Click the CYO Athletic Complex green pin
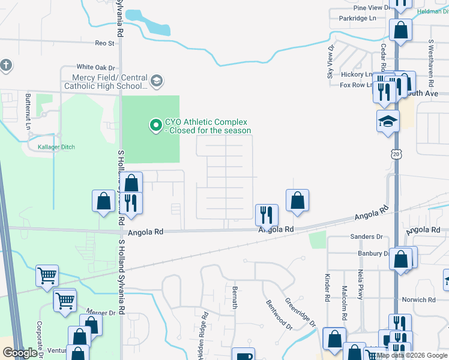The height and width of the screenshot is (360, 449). (x=156, y=125)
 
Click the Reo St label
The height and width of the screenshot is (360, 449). (x=104, y=43)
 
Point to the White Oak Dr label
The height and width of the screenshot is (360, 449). (x=95, y=67)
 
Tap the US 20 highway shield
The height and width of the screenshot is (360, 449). (x=396, y=154)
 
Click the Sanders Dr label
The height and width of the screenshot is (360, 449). (x=367, y=237)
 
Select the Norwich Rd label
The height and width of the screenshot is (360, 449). (x=419, y=299)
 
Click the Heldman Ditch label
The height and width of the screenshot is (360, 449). (x=432, y=11)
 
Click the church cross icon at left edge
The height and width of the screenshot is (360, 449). (x=6, y=65)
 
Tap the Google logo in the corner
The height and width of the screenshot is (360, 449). (x=20, y=352)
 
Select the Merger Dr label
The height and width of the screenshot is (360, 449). (x=100, y=313)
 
